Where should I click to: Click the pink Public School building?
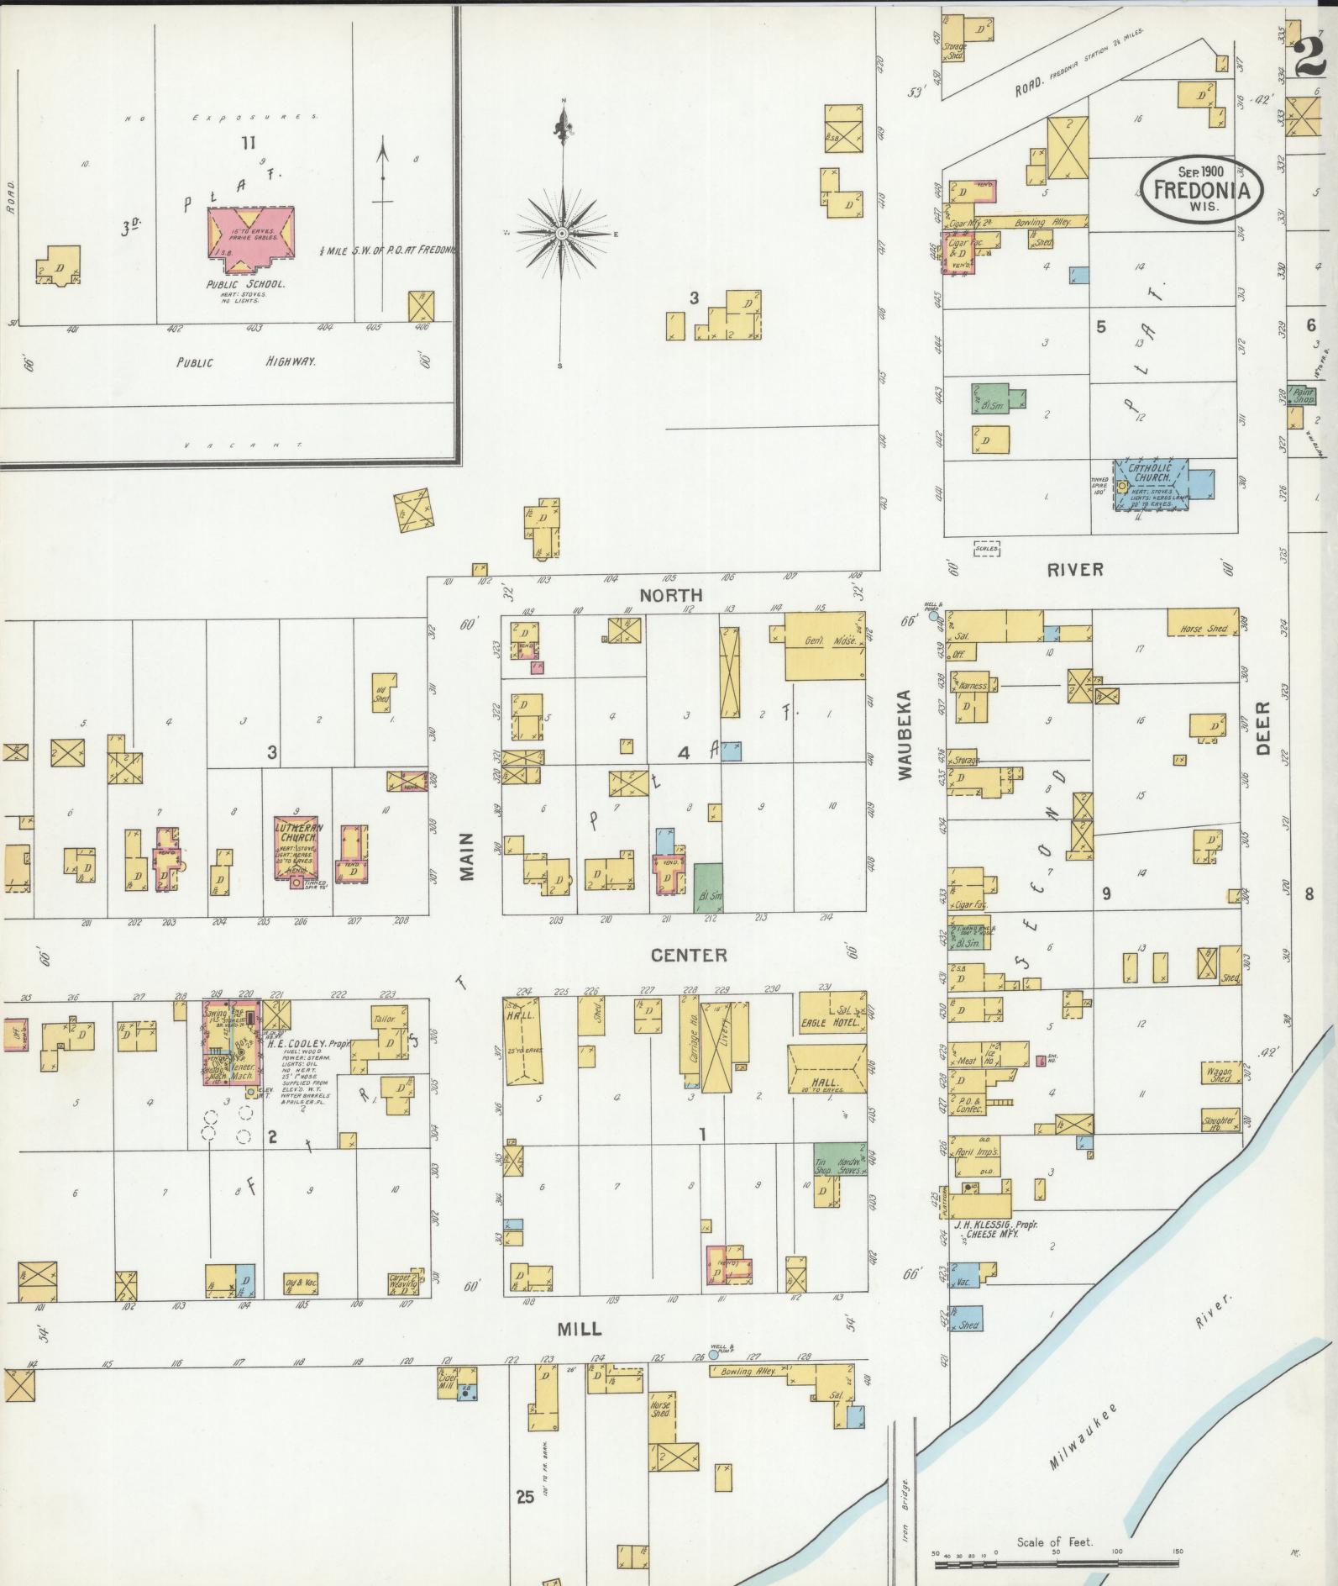[250, 240]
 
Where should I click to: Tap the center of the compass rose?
[561, 233]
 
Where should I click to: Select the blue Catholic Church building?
[1151, 484]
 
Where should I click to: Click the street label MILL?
[580, 1329]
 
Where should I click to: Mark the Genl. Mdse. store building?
[824, 645]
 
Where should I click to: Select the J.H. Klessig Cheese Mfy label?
[996, 1228]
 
